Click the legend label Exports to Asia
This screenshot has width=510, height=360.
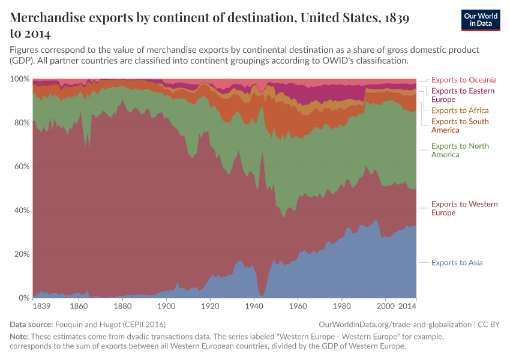pyautogui.click(x=457, y=263)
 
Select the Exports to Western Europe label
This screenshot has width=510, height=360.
pyautogui.click(x=464, y=209)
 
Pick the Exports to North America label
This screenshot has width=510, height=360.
pyautogui.click(x=460, y=151)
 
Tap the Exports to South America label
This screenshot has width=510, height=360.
pyautogui.click(x=460, y=126)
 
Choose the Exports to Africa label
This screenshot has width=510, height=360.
pyautogui.click(x=460, y=110)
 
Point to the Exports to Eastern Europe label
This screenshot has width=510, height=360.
pyautogui.click(x=463, y=95)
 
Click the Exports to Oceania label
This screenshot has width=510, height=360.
pyautogui.click(x=464, y=80)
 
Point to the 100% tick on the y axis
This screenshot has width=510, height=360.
pyautogui.click(x=20, y=79)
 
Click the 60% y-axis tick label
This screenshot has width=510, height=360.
pyautogui.click(x=21, y=167)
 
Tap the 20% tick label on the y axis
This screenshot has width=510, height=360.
pyautogui.click(x=21, y=254)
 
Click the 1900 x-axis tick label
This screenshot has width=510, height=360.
pyautogui.click(x=166, y=306)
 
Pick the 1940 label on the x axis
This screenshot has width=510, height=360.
pyautogui.click(x=254, y=306)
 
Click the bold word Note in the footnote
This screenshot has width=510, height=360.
pyautogui.click(x=20, y=337)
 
